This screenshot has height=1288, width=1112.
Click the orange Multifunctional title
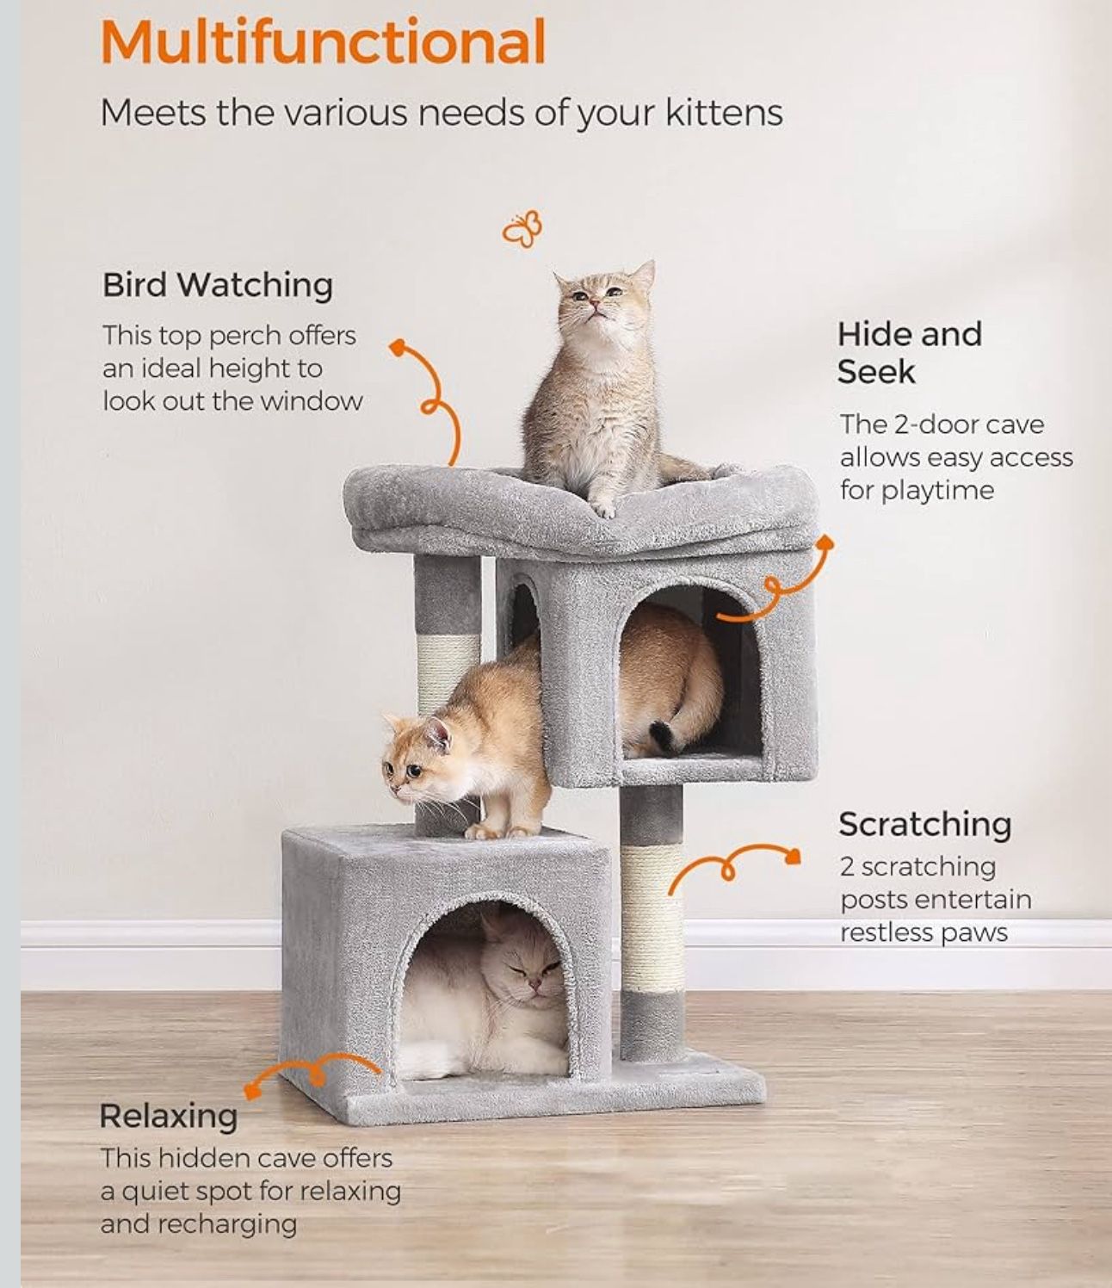(323, 41)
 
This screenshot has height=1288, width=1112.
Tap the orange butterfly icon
(522, 228)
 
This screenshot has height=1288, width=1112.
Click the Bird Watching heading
(218, 285)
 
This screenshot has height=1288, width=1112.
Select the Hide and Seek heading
(909, 353)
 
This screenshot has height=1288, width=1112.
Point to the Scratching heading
(924, 824)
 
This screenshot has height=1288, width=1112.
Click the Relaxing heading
(169, 1116)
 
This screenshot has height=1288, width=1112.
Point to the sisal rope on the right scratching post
(651, 917)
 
